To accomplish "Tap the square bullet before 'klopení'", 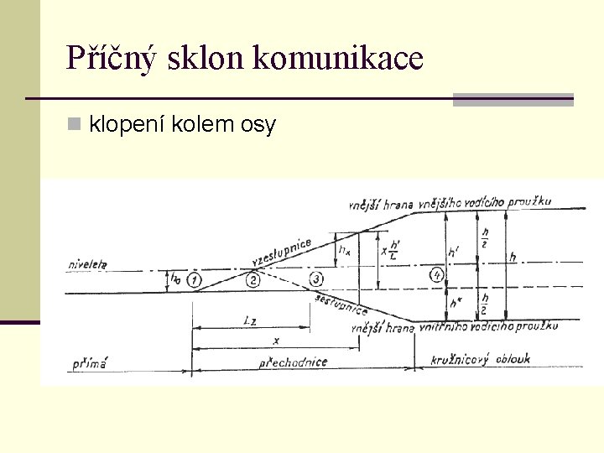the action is [74, 125].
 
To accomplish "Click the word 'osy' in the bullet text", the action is [258, 126].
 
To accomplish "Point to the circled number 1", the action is [194, 279].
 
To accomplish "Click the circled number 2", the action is [253, 279].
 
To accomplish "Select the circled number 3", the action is [316, 279].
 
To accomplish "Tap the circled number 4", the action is [436, 274].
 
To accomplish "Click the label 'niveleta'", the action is [88, 265].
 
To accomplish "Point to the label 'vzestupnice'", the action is [281, 250].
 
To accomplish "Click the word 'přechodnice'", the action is [293, 362].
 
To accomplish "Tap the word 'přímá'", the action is [90, 364].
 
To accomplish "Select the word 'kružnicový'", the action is [460, 360].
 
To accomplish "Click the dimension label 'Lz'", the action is [251, 321].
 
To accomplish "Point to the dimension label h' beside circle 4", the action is [454, 251].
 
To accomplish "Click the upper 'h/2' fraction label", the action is [484, 233].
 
